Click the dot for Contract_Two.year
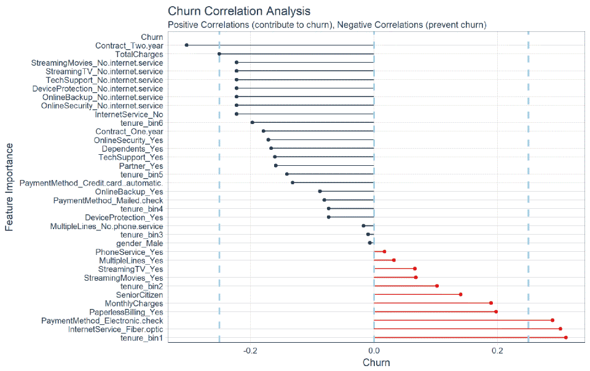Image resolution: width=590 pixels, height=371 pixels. pyautogui.click(x=186, y=45)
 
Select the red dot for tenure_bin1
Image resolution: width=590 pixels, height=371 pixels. pyautogui.click(x=565, y=337)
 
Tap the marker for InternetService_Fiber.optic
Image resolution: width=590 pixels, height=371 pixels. pyautogui.click(x=560, y=329)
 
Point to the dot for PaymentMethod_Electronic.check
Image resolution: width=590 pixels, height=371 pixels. pyautogui.click(x=552, y=320)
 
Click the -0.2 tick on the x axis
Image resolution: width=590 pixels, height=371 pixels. pyautogui.click(x=250, y=351)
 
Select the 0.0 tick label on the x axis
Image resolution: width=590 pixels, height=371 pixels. pyautogui.click(x=374, y=351)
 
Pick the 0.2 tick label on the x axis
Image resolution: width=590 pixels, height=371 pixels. pyautogui.click(x=497, y=351)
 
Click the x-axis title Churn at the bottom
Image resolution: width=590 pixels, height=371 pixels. pyautogui.click(x=376, y=362)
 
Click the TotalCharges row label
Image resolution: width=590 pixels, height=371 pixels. pyautogui.click(x=139, y=54)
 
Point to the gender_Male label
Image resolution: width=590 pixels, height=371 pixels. pyautogui.click(x=141, y=243)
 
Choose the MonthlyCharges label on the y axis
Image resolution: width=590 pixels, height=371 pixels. pyautogui.click(x=133, y=303)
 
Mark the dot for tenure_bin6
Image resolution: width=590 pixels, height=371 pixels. pyautogui.click(x=252, y=122)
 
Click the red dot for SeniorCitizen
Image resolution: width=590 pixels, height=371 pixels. pyautogui.click(x=460, y=294)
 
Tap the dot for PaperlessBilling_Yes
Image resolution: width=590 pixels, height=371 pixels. pyautogui.click(x=495, y=311)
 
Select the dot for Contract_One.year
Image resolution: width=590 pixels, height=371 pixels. pyautogui.click(x=263, y=131)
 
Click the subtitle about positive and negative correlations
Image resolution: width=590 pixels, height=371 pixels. pyautogui.click(x=327, y=25)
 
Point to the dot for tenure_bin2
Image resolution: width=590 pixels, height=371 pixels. pyautogui.click(x=436, y=286)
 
